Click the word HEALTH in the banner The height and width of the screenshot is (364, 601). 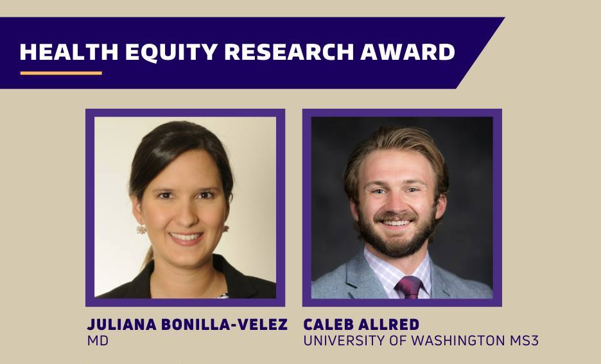click(69, 52)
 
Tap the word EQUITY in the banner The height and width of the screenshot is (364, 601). click(171, 52)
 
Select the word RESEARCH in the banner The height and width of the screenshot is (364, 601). click(288, 52)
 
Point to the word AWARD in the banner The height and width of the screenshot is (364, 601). click(408, 52)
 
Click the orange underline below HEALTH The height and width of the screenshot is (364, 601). click(62, 73)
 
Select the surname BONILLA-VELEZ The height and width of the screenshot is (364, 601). click(224, 325)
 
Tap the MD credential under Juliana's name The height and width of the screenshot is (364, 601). click(98, 341)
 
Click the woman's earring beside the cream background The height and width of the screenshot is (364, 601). click(141, 230)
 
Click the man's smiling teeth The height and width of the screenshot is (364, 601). click(396, 223)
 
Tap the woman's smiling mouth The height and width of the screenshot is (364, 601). click(186, 237)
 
